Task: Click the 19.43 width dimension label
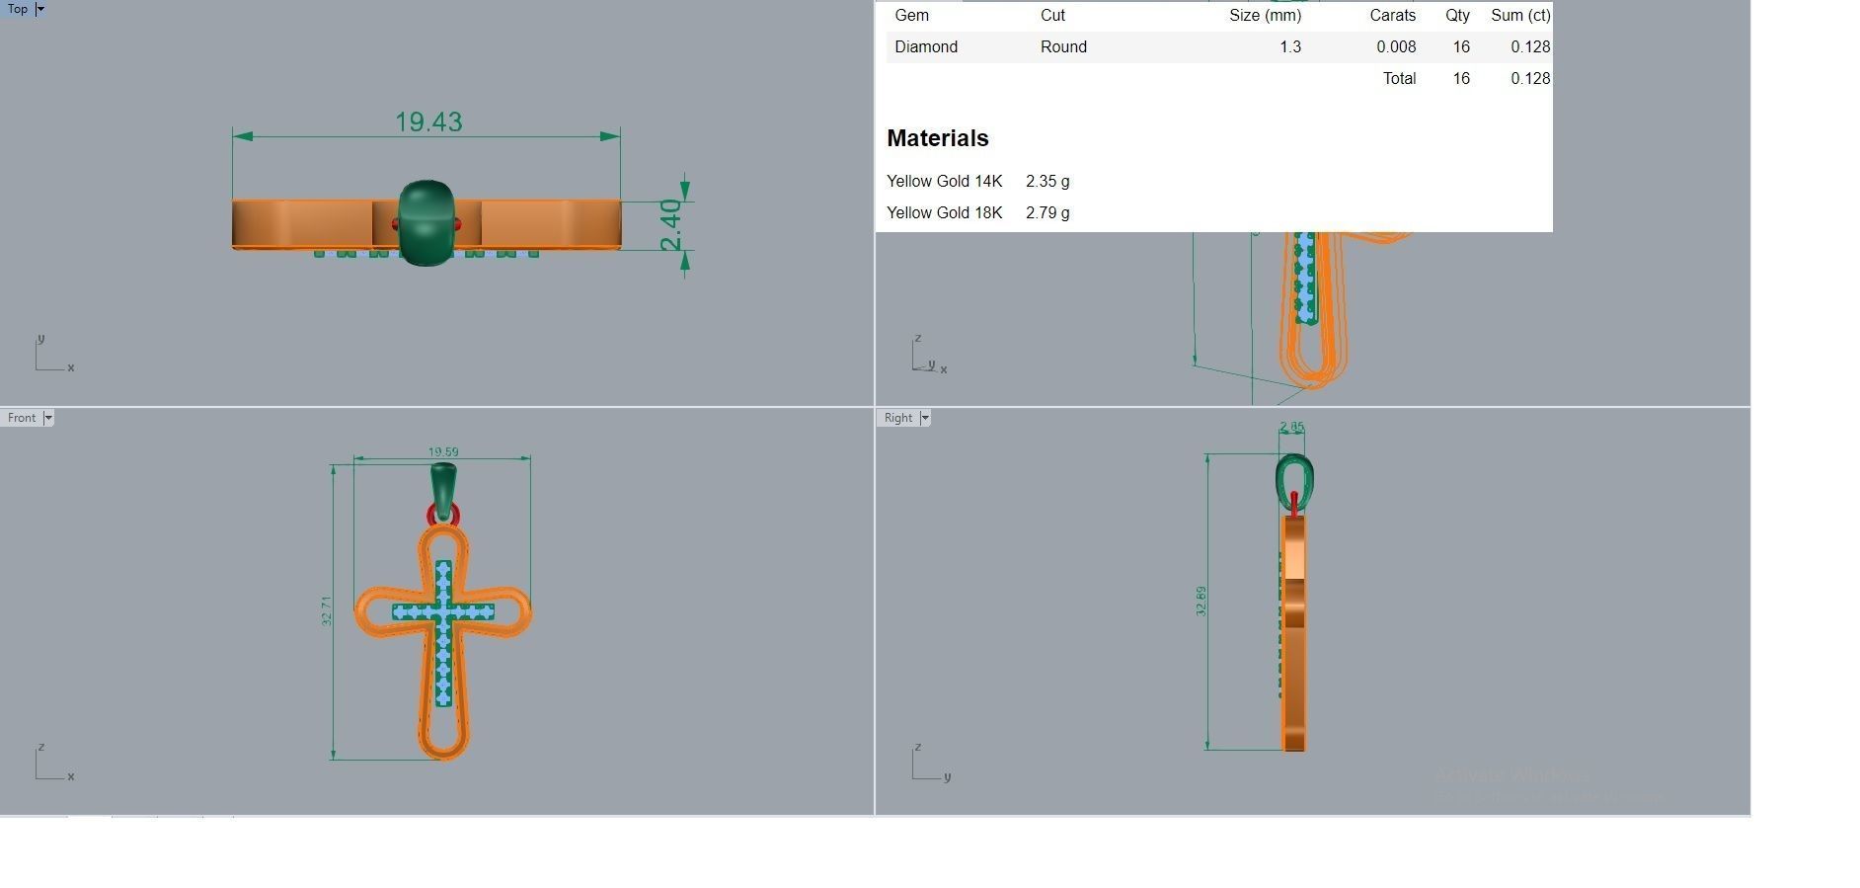tap(428, 121)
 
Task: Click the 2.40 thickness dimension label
tap(670, 225)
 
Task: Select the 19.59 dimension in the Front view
tap(443, 451)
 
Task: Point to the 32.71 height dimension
tap(327, 610)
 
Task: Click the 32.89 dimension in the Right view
tap(1201, 601)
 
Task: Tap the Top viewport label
tap(18, 9)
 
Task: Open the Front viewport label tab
tap(22, 418)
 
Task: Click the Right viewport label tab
tap(898, 418)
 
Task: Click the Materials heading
tap(937, 138)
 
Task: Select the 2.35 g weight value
tap(1047, 181)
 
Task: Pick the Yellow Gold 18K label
tap(944, 212)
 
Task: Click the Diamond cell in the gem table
tap(926, 46)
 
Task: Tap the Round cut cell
tap(1063, 46)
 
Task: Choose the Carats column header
tap(1392, 15)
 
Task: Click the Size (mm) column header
tap(1265, 15)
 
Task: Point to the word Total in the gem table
tap(1399, 78)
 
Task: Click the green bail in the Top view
tap(426, 222)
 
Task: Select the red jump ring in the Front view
tap(431, 515)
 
